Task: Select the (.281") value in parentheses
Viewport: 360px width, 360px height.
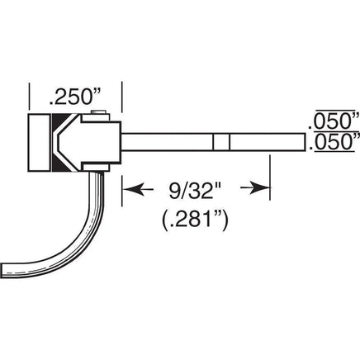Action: point(195,220)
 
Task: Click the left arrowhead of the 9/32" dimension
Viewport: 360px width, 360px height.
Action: point(134,189)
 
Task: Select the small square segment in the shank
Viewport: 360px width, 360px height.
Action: point(221,142)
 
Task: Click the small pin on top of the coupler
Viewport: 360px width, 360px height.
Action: point(99,112)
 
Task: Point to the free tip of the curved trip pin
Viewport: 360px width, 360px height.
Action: point(2,270)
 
